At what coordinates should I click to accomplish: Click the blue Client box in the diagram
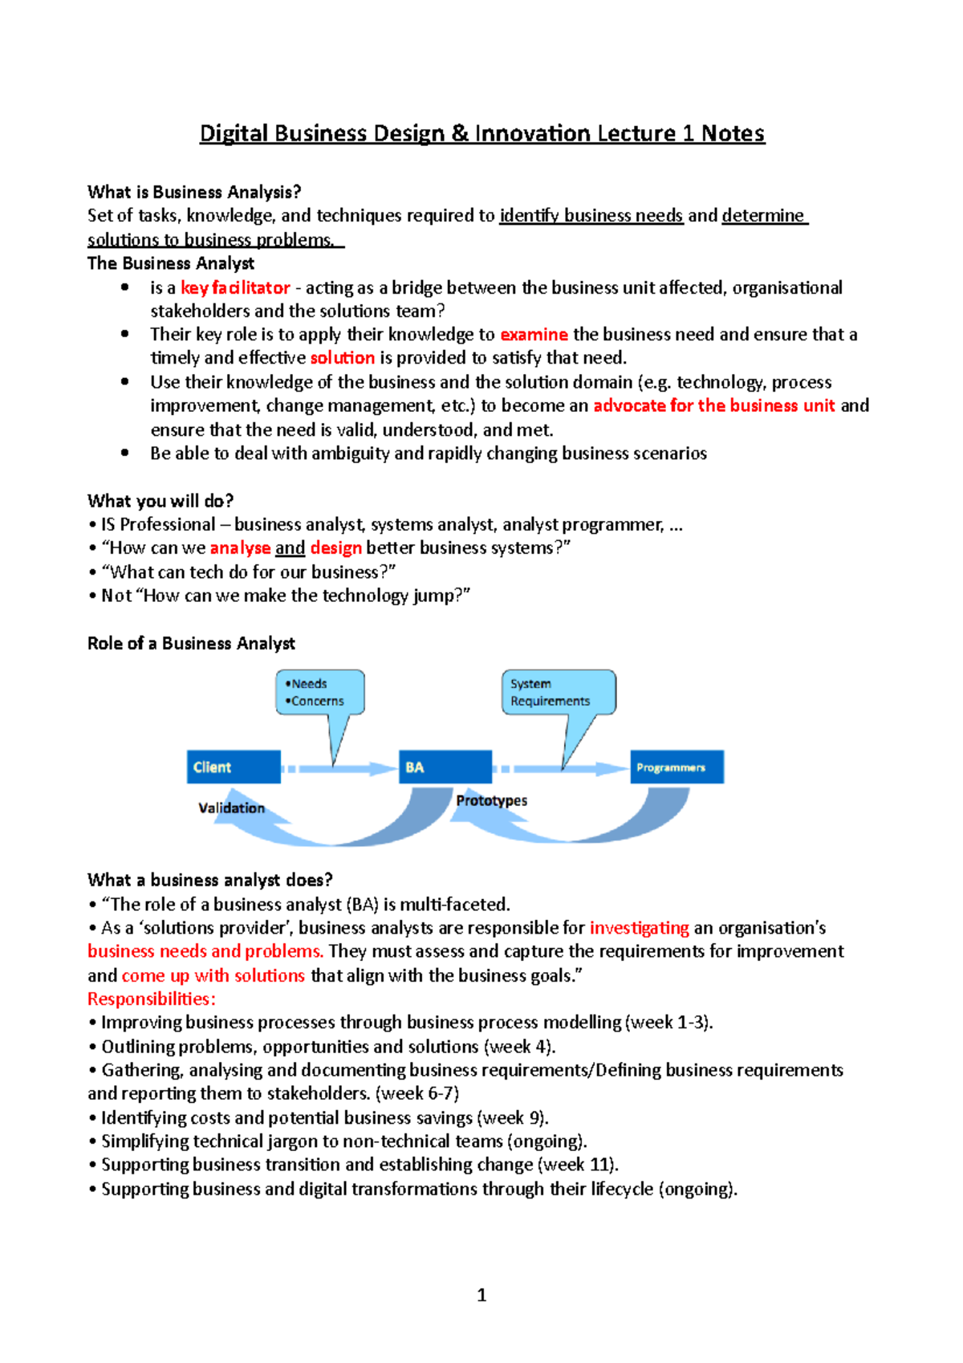pos(234,767)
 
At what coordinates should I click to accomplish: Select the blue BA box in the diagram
pos(445,767)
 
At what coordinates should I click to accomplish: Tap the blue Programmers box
pos(677,767)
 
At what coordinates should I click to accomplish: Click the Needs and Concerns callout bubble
pos(320,692)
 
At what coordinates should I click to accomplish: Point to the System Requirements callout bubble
pos(559,692)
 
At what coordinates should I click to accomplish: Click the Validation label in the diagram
pos(231,808)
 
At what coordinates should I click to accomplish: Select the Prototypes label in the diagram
pos(491,800)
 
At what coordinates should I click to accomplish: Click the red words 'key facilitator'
pos(235,287)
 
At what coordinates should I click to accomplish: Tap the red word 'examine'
pos(534,334)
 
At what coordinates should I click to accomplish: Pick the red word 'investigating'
pos(639,928)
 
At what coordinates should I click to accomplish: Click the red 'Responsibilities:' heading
pos(152,999)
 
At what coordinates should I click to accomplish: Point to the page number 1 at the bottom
pos(481,1294)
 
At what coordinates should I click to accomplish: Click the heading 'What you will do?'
pos(160,501)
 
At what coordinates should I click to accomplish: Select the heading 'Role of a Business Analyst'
pos(191,643)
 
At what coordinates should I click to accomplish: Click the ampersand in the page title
pos(460,133)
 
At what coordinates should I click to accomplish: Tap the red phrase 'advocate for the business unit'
pos(714,405)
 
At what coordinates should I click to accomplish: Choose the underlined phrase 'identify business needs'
pos(591,215)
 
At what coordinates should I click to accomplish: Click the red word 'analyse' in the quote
pos(240,548)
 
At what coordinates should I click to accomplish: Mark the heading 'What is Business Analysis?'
pos(194,192)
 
